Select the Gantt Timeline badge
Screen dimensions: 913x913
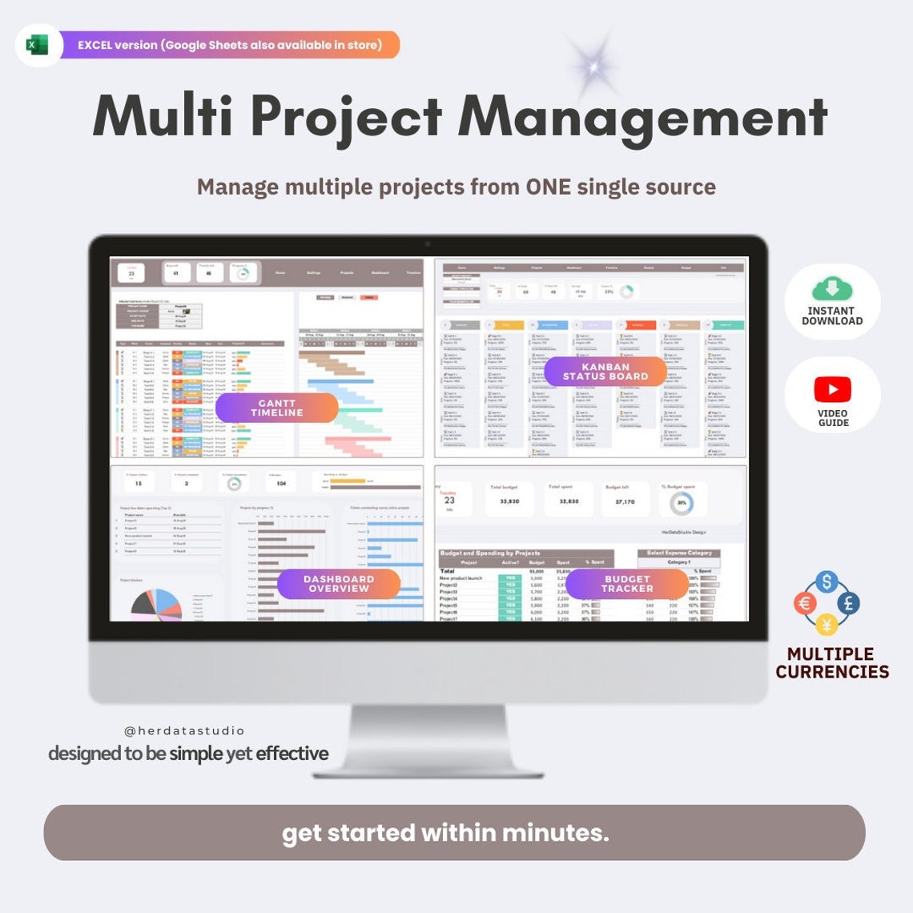277,408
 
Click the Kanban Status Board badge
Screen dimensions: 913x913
605,372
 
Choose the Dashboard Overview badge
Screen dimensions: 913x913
339,584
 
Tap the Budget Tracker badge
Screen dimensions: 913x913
627,584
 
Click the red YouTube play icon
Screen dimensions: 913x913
833,389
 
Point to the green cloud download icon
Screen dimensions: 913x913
832,289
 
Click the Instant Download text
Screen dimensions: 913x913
832,316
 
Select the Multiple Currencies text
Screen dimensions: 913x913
832,663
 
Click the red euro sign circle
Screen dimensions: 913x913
806,603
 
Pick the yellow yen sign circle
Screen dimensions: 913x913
827,623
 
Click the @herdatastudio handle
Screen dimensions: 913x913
184,730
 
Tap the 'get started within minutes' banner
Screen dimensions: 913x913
454,833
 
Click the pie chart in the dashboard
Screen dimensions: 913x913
156,605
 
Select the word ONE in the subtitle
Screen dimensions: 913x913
548,187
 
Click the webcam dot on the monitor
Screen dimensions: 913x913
428,244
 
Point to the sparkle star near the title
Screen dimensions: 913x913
593,67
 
